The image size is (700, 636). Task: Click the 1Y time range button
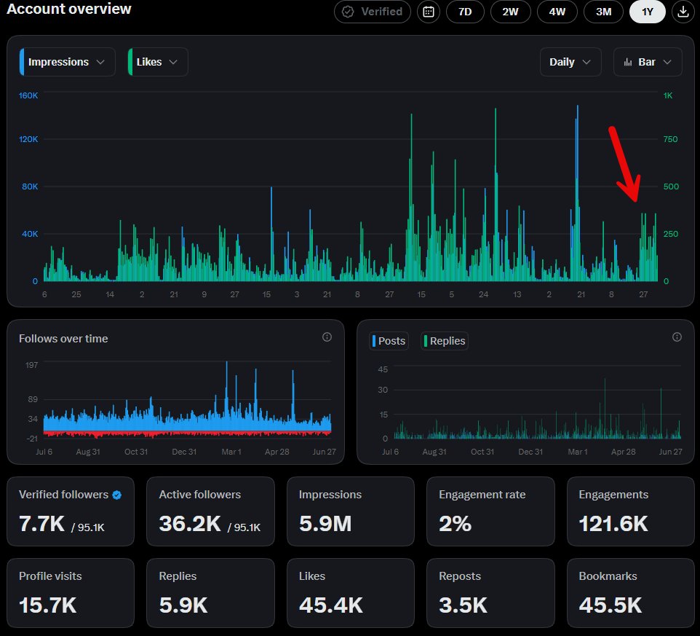(648, 12)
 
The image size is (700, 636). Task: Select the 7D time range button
(465, 12)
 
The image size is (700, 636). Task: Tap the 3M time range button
(603, 12)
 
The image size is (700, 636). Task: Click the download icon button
(683, 12)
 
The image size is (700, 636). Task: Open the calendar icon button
(429, 12)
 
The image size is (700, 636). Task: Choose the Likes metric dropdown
(158, 62)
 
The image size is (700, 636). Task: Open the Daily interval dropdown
(570, 62)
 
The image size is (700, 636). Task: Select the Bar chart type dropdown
(648, 62)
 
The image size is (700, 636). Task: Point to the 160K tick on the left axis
(28, 95)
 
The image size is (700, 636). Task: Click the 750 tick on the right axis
(671, 139)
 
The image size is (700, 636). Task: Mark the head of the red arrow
(636, 202)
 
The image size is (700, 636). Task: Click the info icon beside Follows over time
(327, 337)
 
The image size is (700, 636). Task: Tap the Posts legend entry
(389, 341)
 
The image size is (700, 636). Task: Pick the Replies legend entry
(444, 341)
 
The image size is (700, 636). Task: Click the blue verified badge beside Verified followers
(117, 495)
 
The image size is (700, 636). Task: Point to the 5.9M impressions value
(325, 523)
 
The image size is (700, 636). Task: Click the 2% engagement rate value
(455, 523)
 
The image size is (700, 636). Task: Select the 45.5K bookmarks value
(610, 605)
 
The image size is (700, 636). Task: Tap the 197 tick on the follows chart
(32, 365)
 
